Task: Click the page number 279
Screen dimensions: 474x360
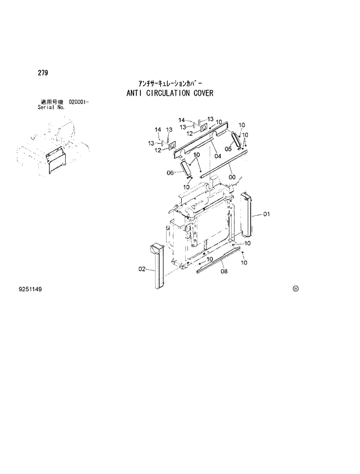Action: pos(43,73)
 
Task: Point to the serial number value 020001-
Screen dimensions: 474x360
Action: pos(78,102)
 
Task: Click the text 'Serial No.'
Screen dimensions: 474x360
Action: pos(52,107)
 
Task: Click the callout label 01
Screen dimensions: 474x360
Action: pos(267,215)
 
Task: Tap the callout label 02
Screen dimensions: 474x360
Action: pos(141,269)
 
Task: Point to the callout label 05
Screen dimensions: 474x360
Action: pos(228,149)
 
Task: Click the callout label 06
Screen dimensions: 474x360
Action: pos(170,172)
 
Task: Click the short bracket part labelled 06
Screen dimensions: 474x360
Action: pos(186,171)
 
